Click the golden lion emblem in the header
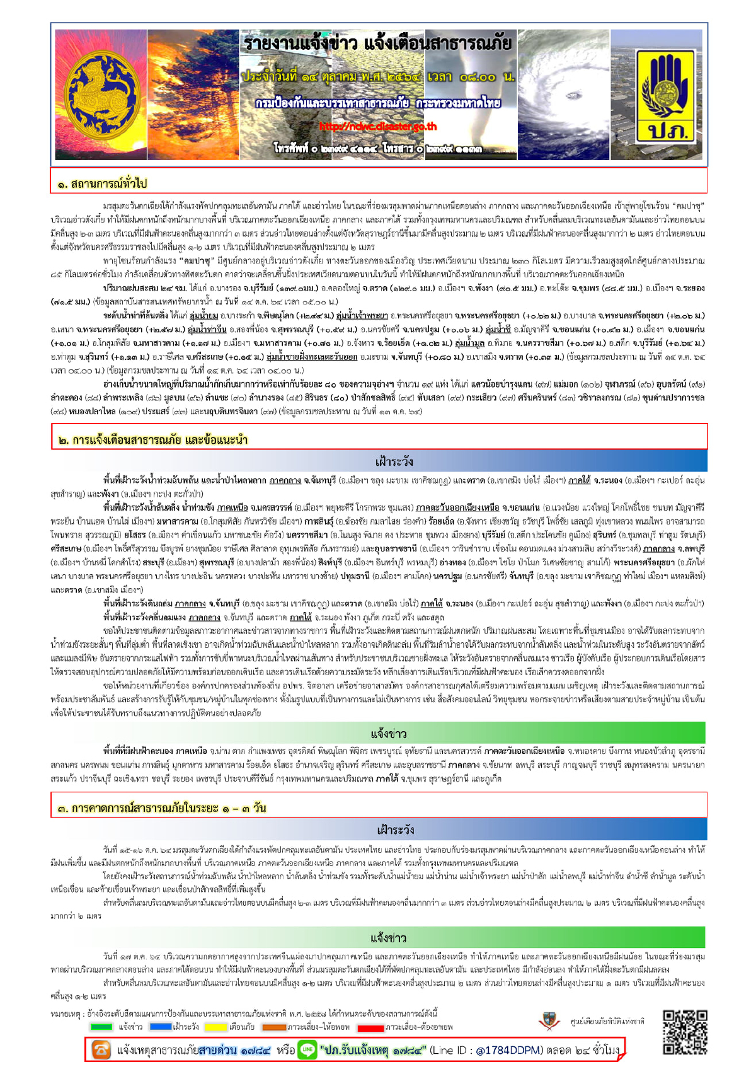98,95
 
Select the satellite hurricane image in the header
563,95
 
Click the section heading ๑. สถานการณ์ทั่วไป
102,183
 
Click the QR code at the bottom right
685,1032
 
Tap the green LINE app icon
307,1049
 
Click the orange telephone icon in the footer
101,1049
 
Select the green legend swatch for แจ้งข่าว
101,1027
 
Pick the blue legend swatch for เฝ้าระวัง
161,1027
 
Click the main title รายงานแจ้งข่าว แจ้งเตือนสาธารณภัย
377,44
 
